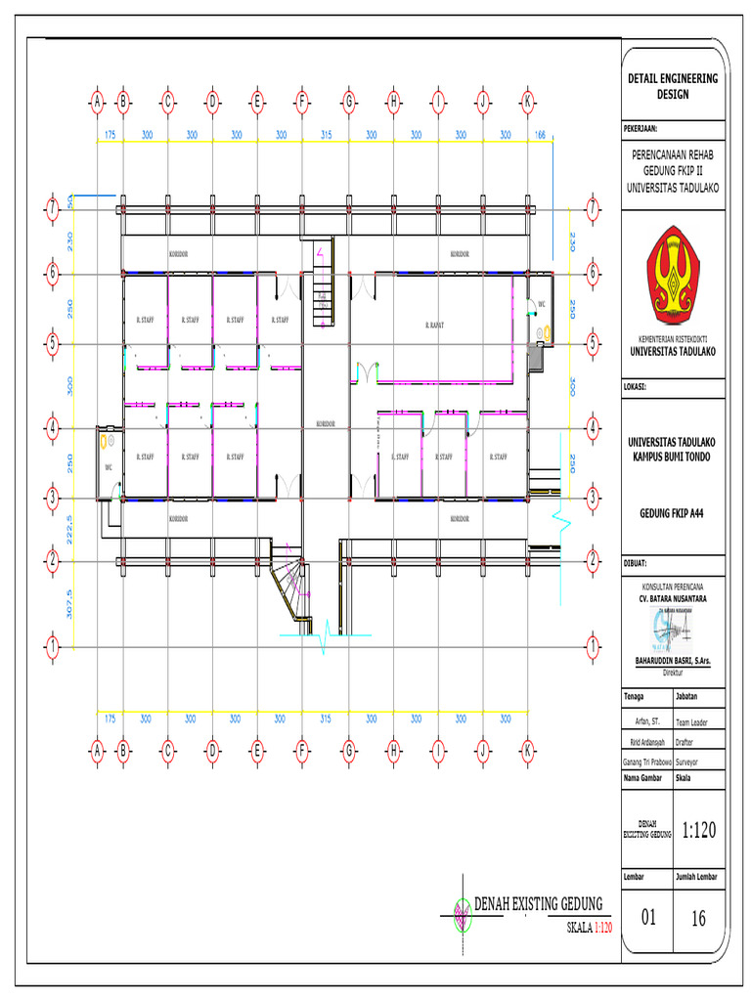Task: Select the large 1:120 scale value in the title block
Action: [x=699, y=831]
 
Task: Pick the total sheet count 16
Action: [x=699, y=916]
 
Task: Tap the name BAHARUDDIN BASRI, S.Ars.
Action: [x=671, y=662]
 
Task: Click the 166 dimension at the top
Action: [x=539, y=135]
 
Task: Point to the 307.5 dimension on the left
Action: [x=68, y=603]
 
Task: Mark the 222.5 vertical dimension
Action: [x=68, y=530]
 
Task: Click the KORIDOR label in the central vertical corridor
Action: [x=326, y=423]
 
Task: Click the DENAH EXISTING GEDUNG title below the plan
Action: [x=537, y=902]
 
